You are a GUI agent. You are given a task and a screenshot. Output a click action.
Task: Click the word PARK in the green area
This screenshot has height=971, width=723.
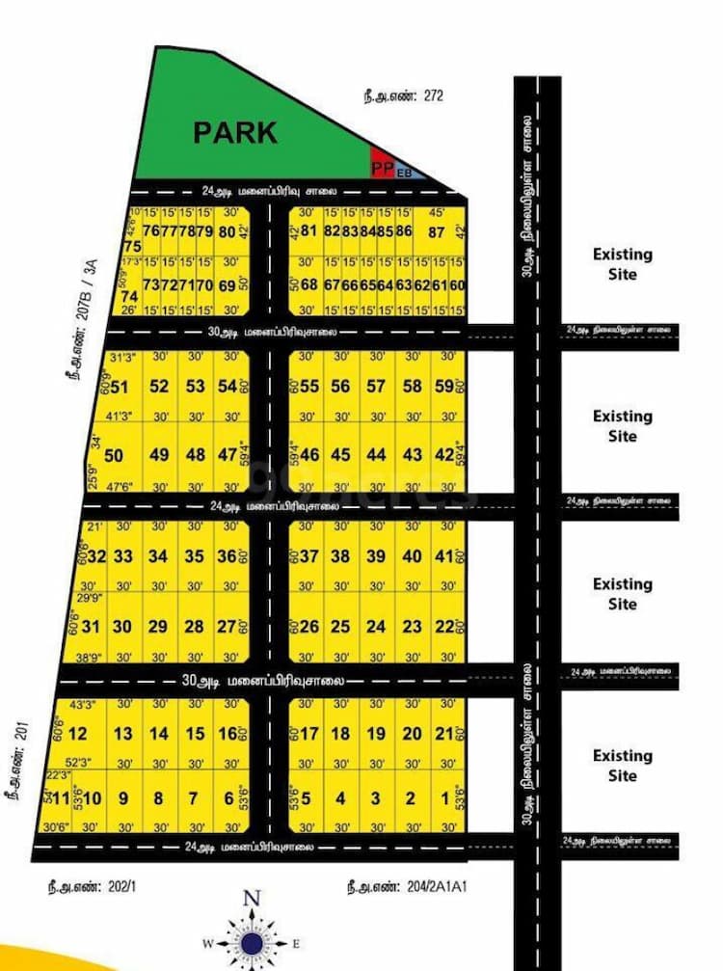click(235, 132)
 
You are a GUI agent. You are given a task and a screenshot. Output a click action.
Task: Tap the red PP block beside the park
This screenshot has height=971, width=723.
click(383, 167)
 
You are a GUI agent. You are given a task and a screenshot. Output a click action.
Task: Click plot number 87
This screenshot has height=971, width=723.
click(437, 231)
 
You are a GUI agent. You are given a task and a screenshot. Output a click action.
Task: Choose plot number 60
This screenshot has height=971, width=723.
click(458, 285)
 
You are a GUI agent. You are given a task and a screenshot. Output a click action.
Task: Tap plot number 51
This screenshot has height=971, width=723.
click(120, 387)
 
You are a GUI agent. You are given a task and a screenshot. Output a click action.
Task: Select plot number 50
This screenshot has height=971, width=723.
click(115, 455)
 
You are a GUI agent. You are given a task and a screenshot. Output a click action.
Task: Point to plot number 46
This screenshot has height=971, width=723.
click(310, 455)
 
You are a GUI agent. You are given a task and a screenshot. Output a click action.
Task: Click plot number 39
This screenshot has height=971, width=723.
click(376, 556)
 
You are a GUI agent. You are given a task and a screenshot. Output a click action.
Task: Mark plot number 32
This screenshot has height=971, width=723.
click(96, 556)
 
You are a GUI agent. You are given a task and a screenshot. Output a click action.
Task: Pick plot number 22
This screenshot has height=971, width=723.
click(444, 627)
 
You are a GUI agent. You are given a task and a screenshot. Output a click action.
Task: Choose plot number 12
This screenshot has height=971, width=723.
click(79, 734)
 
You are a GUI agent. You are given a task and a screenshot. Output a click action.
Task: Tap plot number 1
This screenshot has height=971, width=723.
click(445, 798)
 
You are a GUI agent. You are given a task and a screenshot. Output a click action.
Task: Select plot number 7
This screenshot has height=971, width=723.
click(194, 798)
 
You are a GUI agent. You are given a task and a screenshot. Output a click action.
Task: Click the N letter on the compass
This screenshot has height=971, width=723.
click(252, 899)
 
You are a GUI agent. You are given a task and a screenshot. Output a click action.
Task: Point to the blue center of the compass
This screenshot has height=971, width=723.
click(252, 942)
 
